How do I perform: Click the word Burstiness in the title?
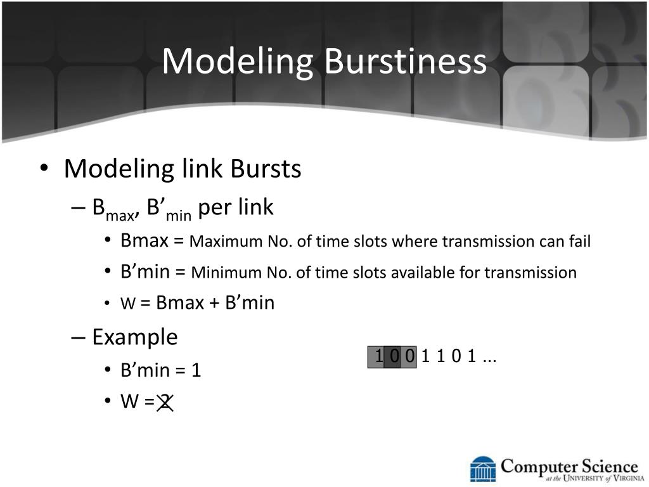click(x=405, y=61)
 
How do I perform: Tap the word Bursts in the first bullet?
click(x=266, y=169)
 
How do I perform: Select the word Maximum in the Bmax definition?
click(x=226, y=241)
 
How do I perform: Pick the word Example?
click(x=135, y=337)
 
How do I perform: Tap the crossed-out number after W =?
click(x=165, y=402)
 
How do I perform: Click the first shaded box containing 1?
click(x=376, y=357)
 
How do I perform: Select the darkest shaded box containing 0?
click(x=392, y=357)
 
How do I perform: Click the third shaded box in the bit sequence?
click(x=409, y=357)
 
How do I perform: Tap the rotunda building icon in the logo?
click(x=483, y=469)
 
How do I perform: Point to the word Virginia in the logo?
click(x=628, y=479)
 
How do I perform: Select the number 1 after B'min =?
click(x=196, y=370)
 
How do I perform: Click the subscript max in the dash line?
click(x=120, y=216)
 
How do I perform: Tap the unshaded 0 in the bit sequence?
click(x=456, y=356)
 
